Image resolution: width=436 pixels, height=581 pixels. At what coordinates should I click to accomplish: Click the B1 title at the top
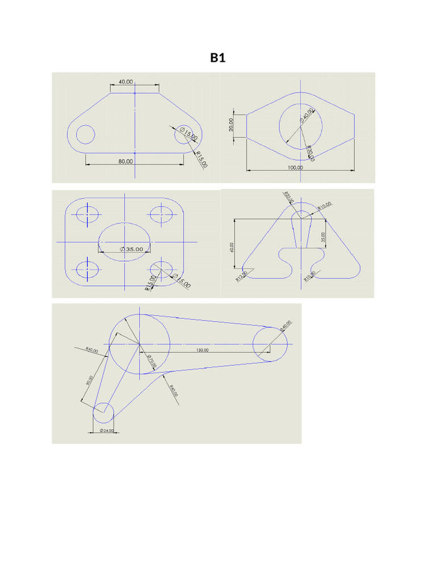217,58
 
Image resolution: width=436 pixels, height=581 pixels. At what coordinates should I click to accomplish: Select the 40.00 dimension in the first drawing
125,82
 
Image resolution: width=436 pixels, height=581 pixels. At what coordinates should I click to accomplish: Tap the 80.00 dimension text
125,161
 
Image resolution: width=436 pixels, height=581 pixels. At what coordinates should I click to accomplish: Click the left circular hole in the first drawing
85,134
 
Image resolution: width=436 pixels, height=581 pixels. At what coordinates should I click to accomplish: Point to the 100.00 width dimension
295,167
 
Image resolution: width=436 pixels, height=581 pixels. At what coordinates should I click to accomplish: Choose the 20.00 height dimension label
231,125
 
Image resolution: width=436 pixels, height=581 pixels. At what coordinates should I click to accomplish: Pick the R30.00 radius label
310,153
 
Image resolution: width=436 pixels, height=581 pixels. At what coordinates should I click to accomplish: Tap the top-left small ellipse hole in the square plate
87,214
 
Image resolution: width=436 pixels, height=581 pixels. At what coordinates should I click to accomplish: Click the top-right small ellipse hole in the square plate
161,214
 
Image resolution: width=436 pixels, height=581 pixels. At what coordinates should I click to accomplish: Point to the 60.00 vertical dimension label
232,247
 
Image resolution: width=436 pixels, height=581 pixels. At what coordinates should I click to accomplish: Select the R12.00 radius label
241,276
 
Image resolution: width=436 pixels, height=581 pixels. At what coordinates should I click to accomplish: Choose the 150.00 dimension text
203,350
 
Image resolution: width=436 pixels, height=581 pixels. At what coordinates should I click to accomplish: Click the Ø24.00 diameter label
106,431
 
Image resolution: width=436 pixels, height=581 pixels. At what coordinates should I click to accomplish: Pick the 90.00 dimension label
88,381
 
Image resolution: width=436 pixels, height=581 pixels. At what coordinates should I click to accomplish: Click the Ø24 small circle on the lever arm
103,412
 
